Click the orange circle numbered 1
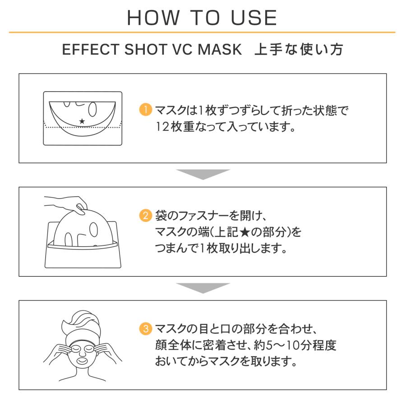[x=146, y=110]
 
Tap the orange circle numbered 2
[x=146, y=216]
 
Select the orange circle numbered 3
[x=146, y=328]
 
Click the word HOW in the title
[x=153, y=18]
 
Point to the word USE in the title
[x=254, y=18]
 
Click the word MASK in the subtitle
[x=220, y=49]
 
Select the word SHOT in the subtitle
[x=146, y=49]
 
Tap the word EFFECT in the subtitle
[x=90, y=49]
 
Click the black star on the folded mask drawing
[x=82, y=121]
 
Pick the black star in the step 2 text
[x=245, y=232]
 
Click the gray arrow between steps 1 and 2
[x=203, y=174]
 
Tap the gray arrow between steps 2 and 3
[x=203, y=288]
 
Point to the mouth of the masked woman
[x=83, y=360]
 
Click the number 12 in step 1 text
[x=162, y=127]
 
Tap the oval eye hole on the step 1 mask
[x=92, y=109]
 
